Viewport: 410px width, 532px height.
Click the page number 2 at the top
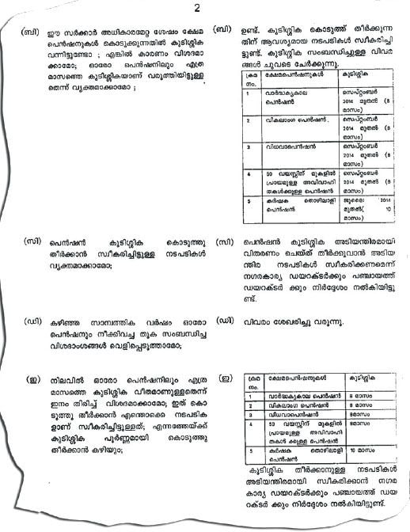coord(196,9)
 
